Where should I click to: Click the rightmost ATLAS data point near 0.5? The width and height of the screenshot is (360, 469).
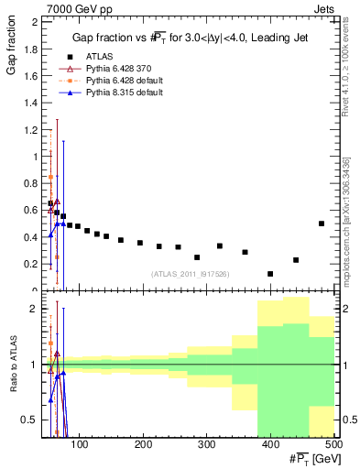pos(322,224)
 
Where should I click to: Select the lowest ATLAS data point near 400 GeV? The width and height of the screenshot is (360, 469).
pos(270,274)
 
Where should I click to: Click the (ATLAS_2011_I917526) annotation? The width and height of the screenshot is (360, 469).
pos(190,273)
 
